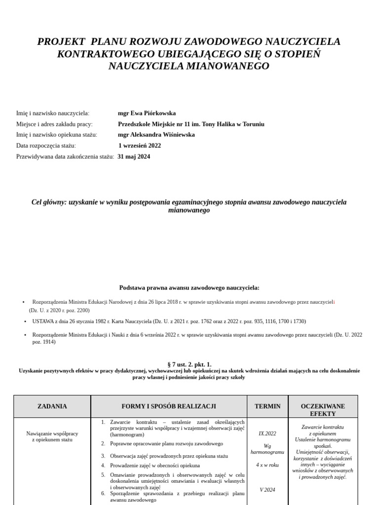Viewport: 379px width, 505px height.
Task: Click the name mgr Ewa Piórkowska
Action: click(147, 113)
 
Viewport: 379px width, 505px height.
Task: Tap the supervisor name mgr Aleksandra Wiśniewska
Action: click(156, 135)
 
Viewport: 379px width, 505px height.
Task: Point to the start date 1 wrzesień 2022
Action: click(140, 145)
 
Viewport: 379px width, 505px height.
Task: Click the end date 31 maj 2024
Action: click(134, 156)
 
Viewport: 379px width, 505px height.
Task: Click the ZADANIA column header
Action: click(52, 406)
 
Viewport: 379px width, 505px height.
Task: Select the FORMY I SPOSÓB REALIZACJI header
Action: click(169, 406)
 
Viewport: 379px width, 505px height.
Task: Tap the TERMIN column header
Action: click(267, 406)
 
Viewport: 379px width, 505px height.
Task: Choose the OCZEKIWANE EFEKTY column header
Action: click(323, 410)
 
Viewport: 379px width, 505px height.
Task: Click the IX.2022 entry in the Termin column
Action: click(267, 433)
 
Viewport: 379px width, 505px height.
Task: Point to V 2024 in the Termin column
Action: click(267, 490)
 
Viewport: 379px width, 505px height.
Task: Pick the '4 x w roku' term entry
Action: click(267, 465)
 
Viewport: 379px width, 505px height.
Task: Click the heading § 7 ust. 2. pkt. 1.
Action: click(189, 364)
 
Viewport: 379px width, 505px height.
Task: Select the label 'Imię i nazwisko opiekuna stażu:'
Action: click(57, 135)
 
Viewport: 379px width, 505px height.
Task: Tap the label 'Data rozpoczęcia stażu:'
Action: click(46, 145)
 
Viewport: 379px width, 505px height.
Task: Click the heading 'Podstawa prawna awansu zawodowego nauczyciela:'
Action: click(189, 288)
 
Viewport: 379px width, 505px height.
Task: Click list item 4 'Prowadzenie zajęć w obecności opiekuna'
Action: click(155, 465)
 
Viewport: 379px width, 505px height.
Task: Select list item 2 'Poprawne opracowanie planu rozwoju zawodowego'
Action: click(166, 443)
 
